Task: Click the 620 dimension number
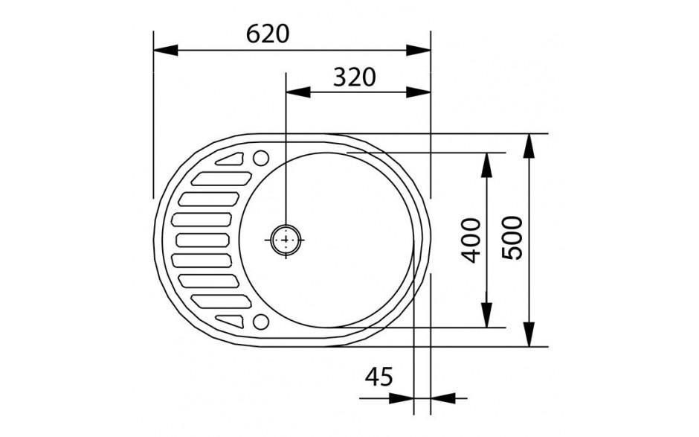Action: (x=267, y=34)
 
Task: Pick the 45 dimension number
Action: (x=379, y=378)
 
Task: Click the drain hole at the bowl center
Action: (x=285, y=240)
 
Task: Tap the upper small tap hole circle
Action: (x=261, y=158)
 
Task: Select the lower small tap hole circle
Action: (x=261, y=322)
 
